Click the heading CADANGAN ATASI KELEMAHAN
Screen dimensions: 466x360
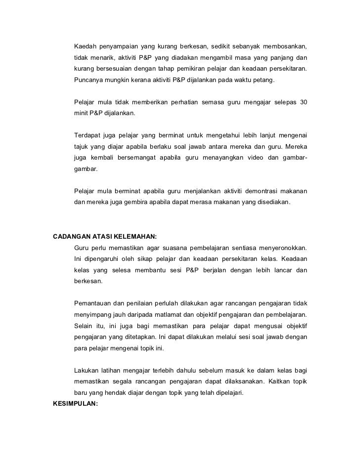(x=104, y=236)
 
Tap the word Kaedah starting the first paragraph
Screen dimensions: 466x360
(x=85, y=46)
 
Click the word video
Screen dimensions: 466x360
(x=247, y=158)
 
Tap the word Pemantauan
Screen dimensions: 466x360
(x=93, y=303)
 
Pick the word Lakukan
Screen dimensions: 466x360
(x=86, y=370)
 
